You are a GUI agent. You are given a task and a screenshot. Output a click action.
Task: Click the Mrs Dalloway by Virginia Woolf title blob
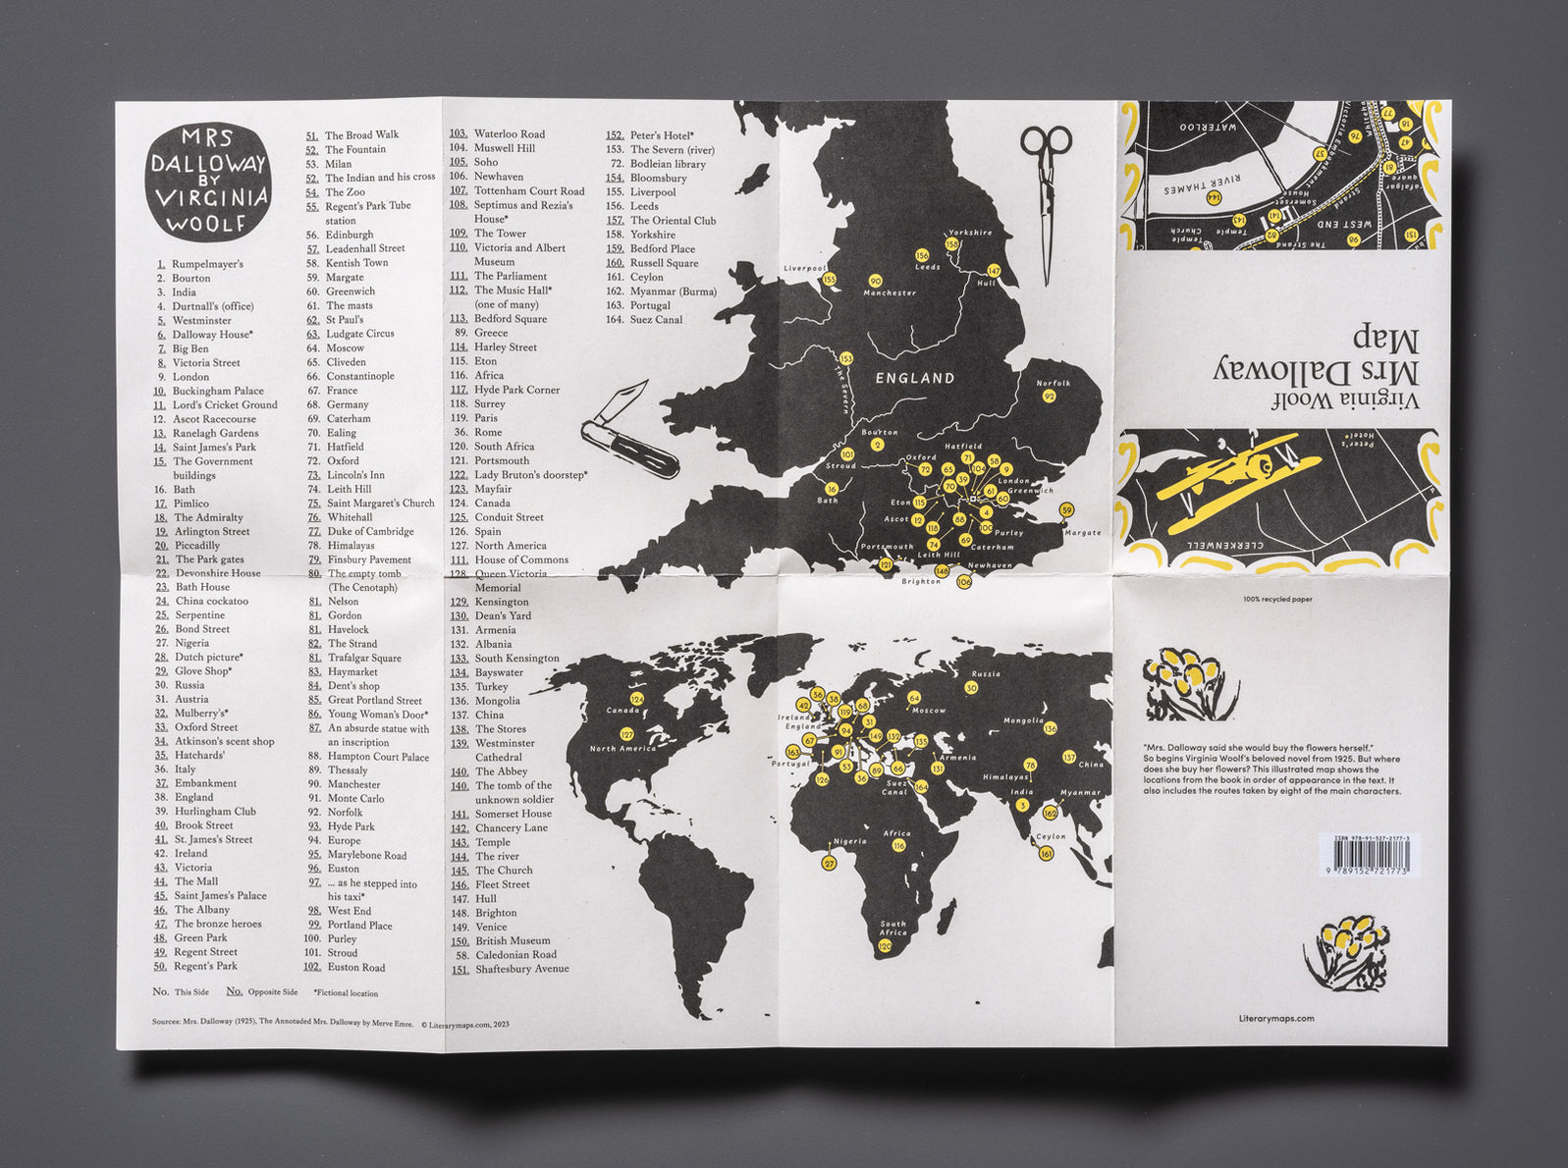[x=208, y=182]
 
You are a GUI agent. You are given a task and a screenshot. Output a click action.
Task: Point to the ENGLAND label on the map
[x=914, y=378]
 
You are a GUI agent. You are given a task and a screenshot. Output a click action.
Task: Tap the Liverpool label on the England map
[x=804, y=268]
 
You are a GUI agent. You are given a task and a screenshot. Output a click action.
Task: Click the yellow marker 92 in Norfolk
[x=1049, y=397]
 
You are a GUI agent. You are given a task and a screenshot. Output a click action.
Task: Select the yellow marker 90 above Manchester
[x=876, y=281]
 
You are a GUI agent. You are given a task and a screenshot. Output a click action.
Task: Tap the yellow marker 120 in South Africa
[x=885, y=946]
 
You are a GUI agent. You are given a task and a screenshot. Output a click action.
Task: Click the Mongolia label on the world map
[x=1023, y=720]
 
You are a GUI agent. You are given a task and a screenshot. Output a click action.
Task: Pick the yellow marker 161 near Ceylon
[x=1046, y=854]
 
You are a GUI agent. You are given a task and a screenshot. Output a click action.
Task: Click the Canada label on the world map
[x=622, y=710]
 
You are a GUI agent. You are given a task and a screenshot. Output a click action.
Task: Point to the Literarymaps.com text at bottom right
[x=1276, y=1019]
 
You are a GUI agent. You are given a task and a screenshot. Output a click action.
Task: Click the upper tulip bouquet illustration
[x=1190, y=679]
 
